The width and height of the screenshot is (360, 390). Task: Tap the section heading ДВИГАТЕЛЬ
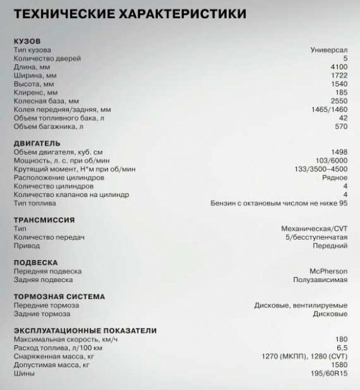tap(36, 143)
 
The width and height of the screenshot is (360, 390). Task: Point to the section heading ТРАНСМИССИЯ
tap(44, 220)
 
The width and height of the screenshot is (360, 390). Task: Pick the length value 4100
tap(337, 67)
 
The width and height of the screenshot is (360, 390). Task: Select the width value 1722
tap(337, 76)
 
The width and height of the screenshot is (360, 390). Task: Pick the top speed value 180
tap(340, 339)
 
